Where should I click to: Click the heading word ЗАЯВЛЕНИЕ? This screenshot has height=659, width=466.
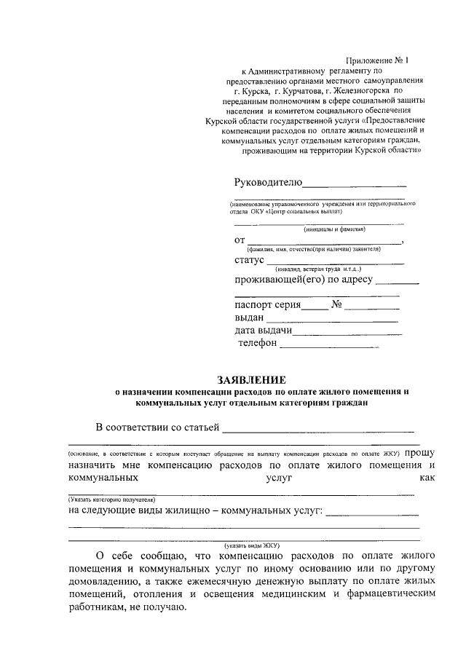tap(251, 379)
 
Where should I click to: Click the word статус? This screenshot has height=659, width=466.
tap(250, 260)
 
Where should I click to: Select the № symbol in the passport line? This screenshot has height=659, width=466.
tap(336, 304)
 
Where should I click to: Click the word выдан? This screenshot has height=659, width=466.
tap(249, 317)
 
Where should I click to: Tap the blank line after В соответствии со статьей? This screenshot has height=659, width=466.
tap(317, 430)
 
